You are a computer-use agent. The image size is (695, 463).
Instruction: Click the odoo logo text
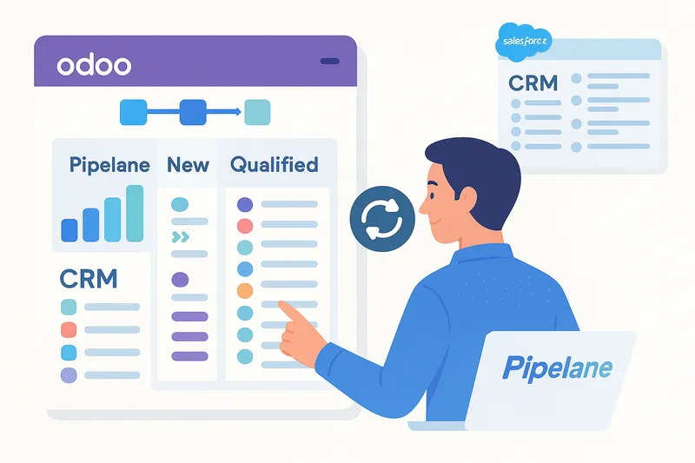point(94,65)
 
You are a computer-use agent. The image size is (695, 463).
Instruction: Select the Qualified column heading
point(274,164)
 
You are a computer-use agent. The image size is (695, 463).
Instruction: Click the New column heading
point(188,164)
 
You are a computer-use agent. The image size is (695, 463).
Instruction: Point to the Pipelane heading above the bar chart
point(109,165)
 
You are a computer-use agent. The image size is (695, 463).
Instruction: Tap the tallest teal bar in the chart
point(135,213)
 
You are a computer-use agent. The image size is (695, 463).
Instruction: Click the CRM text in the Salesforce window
point(533,84)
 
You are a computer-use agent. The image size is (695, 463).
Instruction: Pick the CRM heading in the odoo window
point(89,279)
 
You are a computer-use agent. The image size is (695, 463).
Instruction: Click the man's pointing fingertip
point(281,305)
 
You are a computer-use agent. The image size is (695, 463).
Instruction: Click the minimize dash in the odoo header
point(330,62)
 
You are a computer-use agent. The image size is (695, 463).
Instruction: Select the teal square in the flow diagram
point(257,112)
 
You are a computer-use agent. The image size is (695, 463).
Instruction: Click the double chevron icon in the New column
point(180,236)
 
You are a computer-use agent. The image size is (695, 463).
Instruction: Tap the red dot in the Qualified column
point(245,226)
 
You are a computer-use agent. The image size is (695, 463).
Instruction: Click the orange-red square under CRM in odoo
point(69,330)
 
